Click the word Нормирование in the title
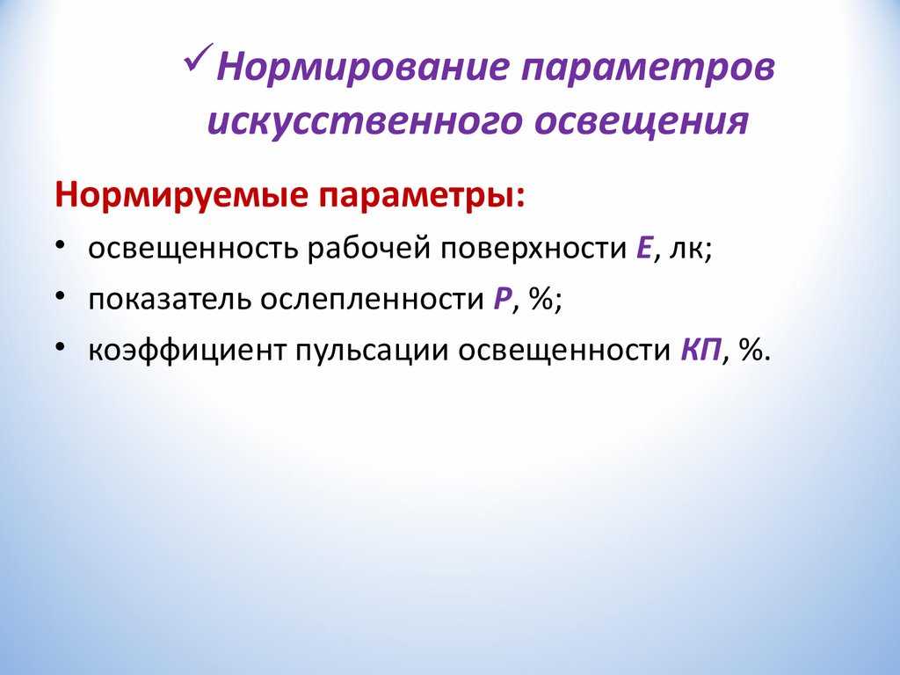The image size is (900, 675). point(363,67)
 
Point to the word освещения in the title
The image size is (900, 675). point(641,122)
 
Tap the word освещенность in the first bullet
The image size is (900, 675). point(192,250)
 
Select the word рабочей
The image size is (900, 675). point(369,248)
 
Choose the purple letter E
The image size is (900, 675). point(644,249)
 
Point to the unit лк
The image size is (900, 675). point(687,251)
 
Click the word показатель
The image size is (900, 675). point(170,300)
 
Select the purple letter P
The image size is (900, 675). point(502,300)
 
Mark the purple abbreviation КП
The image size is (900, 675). point(700,350)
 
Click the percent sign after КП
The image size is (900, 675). point(751,350)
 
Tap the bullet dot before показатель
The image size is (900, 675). point(61,295)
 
